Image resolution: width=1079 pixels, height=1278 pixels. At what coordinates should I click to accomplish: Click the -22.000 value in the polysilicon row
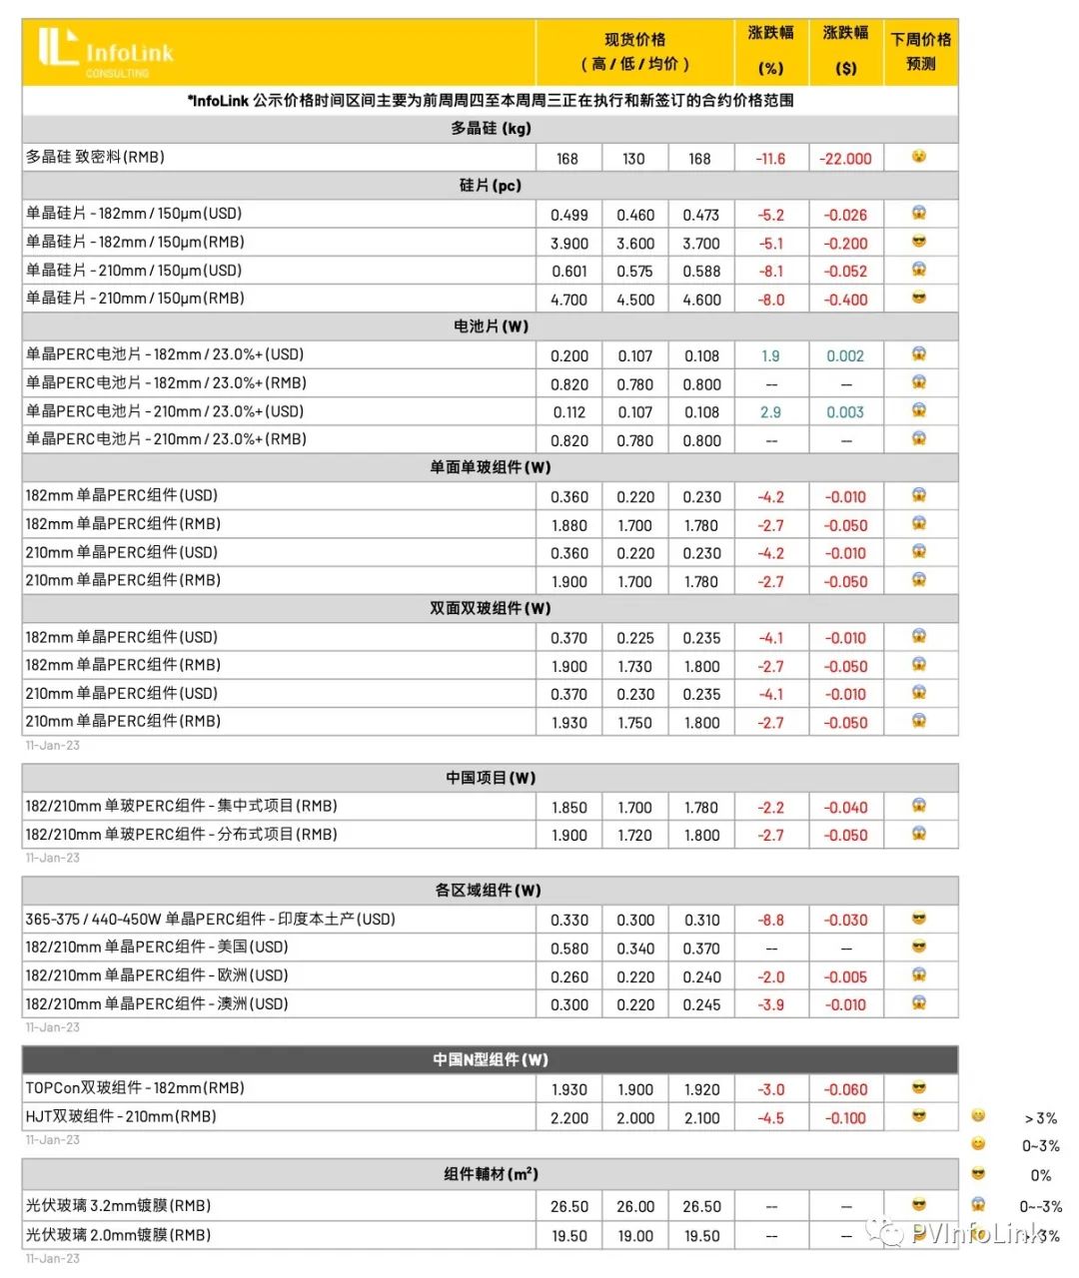tap(845, 159)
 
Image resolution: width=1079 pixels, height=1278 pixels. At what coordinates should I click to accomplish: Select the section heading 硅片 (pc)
tap(490, 186)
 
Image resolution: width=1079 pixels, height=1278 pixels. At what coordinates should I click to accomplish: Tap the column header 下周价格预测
tap(920, 51)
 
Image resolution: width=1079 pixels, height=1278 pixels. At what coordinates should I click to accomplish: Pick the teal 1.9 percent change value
tap(770, 355)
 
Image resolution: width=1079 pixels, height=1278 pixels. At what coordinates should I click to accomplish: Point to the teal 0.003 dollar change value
tap(845, 412)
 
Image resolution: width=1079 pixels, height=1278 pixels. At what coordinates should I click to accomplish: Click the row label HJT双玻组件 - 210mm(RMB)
tap(121, 1116)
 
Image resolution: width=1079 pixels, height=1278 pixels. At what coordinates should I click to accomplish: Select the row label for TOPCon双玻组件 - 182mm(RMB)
tap(135, 1088)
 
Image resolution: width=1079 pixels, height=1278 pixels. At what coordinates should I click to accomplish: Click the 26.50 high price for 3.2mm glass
tap(569, 1206)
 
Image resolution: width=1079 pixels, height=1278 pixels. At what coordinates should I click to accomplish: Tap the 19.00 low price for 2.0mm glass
tap(635, 1235)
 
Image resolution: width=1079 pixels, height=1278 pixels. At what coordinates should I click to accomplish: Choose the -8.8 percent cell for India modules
tap(770, 920)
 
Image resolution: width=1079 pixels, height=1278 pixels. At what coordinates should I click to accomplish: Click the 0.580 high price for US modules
tap(569, 949)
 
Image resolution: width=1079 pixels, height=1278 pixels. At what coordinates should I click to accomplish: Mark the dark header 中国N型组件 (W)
tap(490, 1059)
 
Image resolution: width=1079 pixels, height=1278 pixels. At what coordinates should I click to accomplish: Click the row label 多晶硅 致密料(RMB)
tap(95, 157)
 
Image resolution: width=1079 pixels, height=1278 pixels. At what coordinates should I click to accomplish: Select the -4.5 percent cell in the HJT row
tap(770, 1118)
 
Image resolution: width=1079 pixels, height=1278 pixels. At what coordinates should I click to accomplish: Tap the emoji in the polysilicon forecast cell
tap(919, 157)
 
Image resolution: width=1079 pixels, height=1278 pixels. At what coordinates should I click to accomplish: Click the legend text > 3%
tap(1040, 1118)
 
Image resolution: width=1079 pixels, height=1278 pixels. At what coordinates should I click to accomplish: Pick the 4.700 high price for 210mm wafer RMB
tap(569, 300)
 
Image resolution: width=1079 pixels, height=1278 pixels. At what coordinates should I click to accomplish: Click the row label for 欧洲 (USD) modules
tap(157, 975)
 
